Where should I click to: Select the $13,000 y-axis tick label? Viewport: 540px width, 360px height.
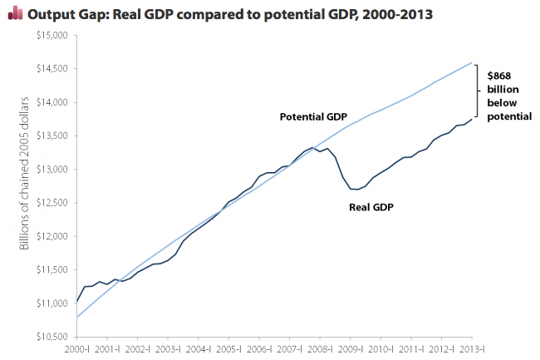52,169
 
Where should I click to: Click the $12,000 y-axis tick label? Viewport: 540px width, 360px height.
52,236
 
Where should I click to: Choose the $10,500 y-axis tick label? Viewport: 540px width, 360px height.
52,337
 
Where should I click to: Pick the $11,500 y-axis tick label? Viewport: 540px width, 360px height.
52,269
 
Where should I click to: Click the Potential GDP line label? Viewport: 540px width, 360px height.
312,116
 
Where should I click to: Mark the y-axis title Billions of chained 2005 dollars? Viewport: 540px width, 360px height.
23,188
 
